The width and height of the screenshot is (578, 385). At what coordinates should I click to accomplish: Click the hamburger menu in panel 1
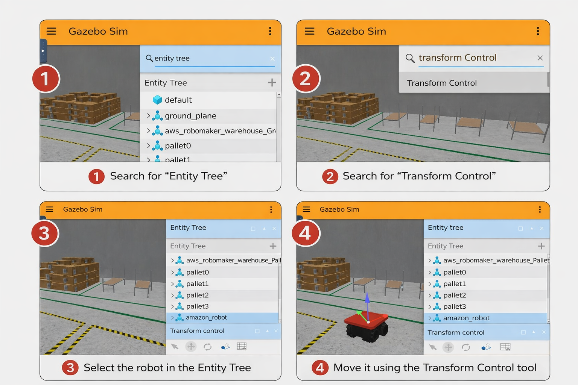51,31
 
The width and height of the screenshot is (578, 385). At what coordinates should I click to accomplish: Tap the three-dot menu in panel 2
538,31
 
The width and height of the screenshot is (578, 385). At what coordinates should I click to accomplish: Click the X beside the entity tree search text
272,59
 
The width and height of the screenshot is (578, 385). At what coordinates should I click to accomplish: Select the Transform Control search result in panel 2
441,83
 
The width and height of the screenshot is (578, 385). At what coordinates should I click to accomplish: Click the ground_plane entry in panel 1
190,116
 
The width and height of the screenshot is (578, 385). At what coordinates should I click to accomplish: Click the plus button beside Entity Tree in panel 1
272,82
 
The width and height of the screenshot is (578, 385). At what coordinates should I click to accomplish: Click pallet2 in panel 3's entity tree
198,295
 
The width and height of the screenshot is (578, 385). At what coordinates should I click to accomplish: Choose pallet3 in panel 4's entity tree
455,306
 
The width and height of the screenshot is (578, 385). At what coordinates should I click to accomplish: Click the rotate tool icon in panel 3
207,347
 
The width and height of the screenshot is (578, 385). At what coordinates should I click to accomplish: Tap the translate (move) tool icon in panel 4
448,347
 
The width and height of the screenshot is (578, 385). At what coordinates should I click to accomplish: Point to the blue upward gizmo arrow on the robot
367,306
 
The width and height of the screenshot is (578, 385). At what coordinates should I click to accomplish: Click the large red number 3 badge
45,233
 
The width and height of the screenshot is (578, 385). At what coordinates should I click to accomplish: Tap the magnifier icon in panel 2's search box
410,58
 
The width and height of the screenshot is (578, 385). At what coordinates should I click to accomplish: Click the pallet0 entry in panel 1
178,146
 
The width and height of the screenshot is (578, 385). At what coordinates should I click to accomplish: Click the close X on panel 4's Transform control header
544,332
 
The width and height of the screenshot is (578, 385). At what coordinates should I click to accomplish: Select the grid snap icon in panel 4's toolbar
505,347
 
